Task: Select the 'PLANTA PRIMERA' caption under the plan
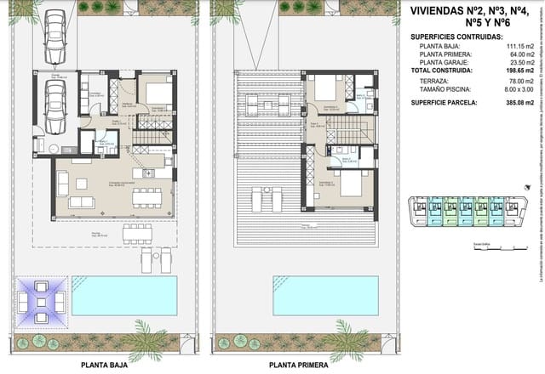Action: coord(300,364)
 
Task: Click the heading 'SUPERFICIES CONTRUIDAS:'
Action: coord(456,38)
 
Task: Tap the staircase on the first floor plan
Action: coord(344,129)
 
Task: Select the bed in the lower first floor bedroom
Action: coord(348,186)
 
